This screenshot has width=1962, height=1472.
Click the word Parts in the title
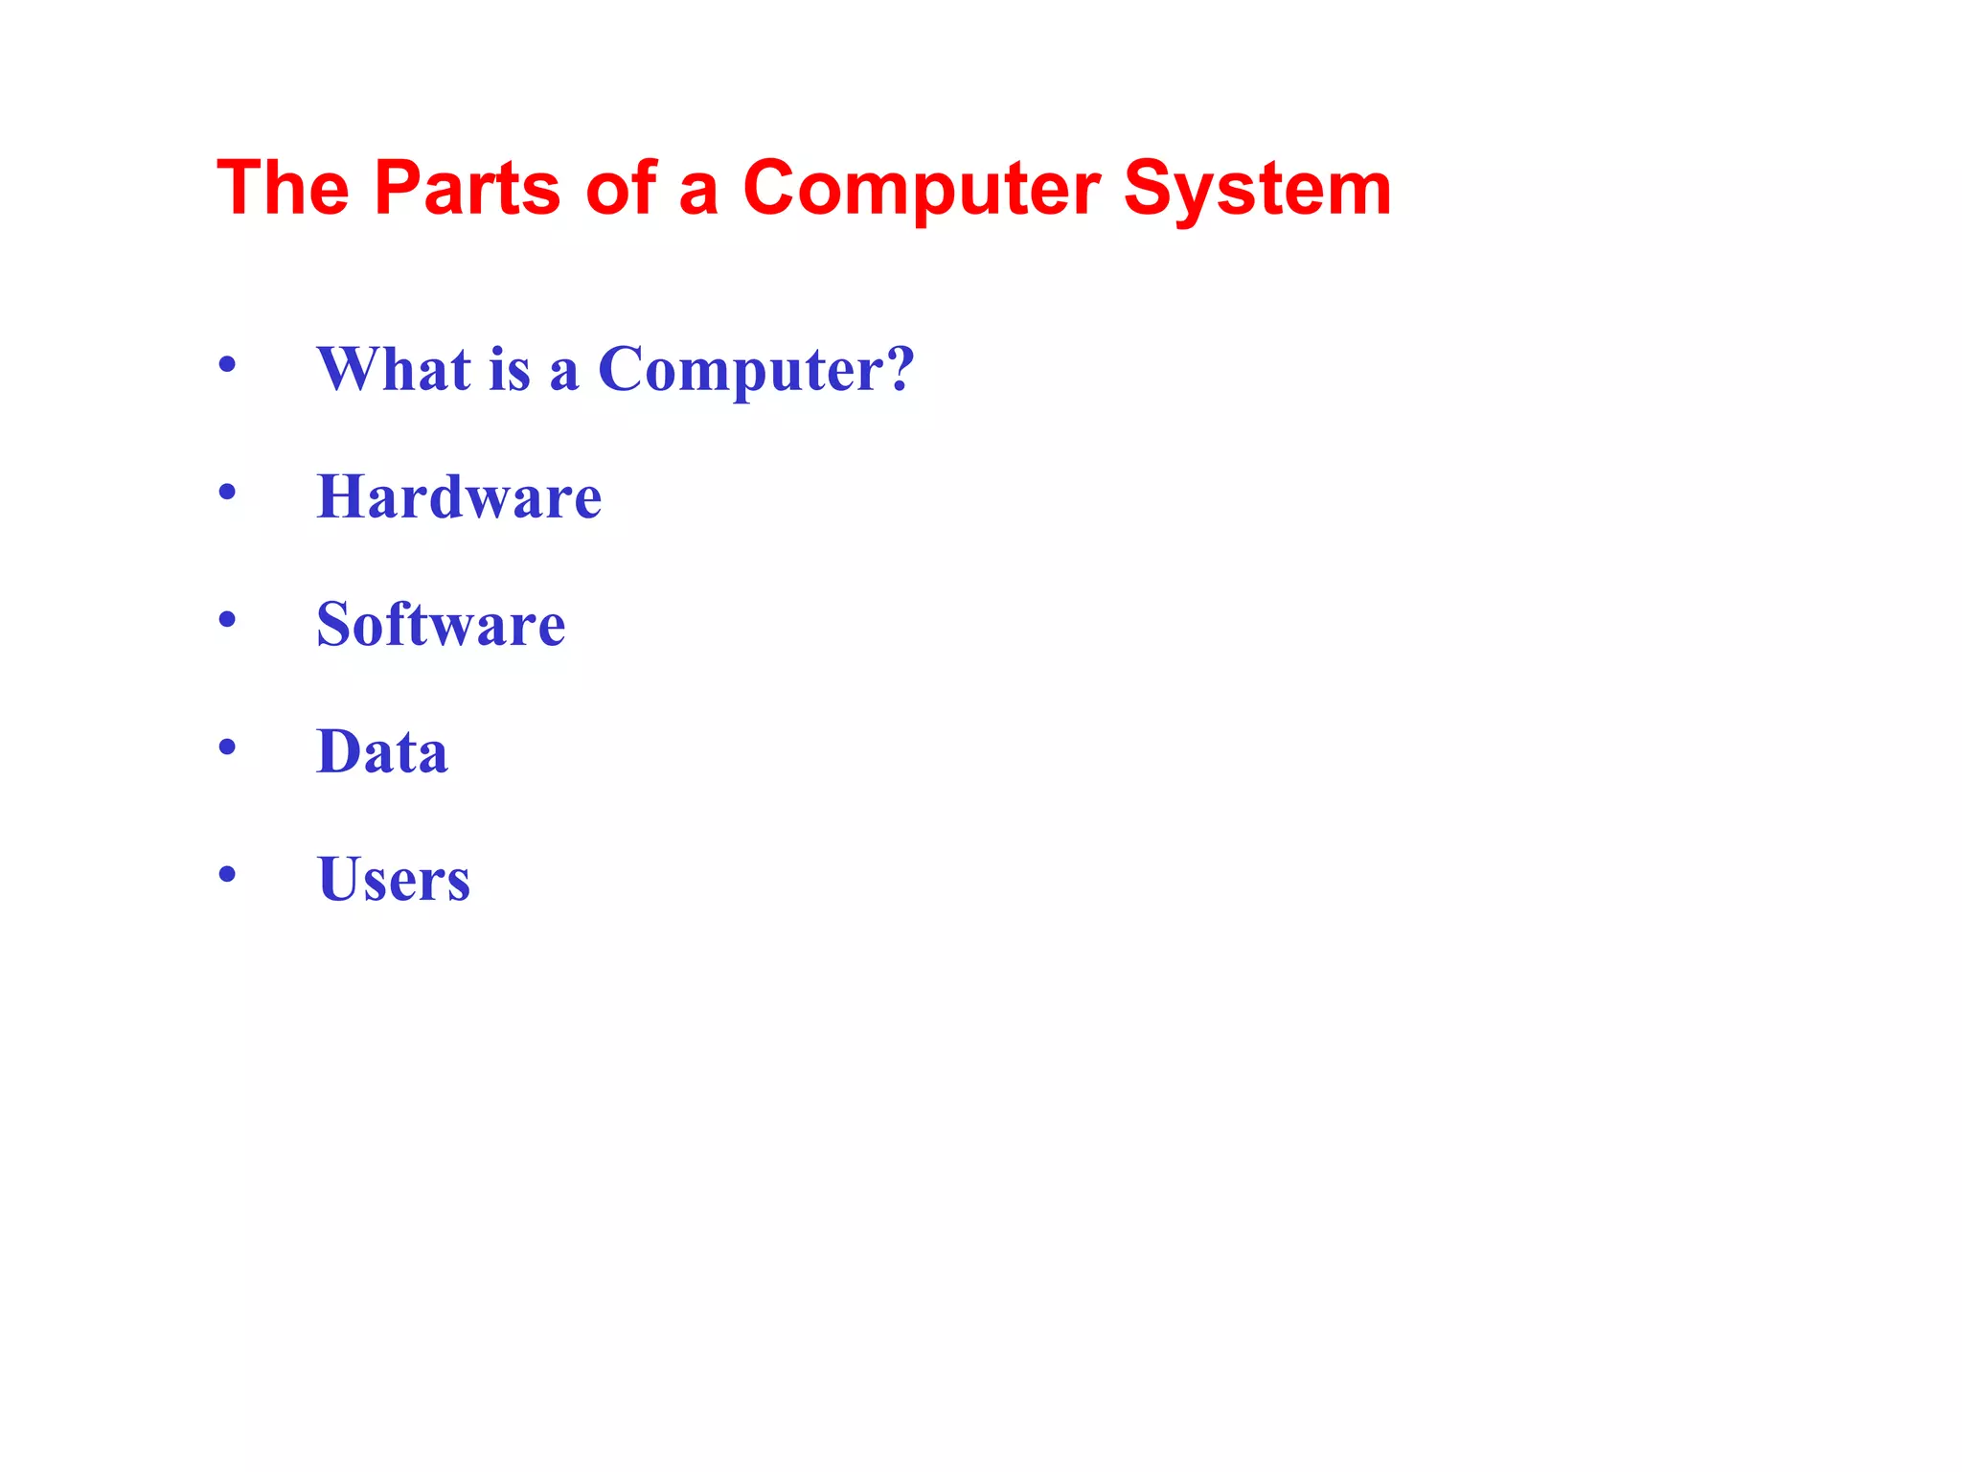[467, 188]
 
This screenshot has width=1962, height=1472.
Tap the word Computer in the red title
[921, 188]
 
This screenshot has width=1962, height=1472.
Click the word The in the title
[284, 188]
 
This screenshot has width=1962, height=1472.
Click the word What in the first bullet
[394, 369]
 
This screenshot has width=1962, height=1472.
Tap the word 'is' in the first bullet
[509, 369]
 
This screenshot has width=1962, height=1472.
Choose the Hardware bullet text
[459, 496]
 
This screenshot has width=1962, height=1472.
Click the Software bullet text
[441, 624]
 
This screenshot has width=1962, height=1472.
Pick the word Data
[382, 751]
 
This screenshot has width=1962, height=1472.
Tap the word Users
[394, 879]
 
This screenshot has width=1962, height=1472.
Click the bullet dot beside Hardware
[227, 493]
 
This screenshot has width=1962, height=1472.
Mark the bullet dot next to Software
[227, 620]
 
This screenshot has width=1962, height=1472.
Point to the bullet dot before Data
[227, 747]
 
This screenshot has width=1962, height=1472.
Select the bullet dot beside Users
[227, 874]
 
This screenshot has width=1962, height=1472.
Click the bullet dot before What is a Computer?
[227, 365]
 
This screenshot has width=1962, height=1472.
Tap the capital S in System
[1148, 188]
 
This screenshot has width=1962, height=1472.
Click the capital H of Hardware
[342, 496]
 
